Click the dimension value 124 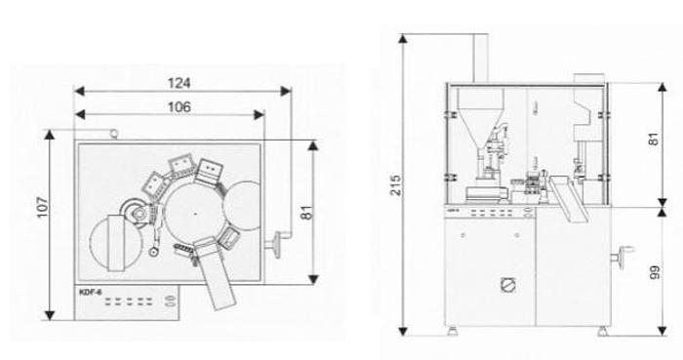tap(179, 83)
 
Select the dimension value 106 tap(179, 106)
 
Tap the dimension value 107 tap(42, 207)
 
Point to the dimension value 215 tap(395, 185)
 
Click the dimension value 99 tap(655, 272)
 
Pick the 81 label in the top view tap(307, 213)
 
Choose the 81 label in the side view tap(655, 139)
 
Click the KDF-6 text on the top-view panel tap(91, 292)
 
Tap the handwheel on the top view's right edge tap(277, 246)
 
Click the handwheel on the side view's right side tap(622, 255)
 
